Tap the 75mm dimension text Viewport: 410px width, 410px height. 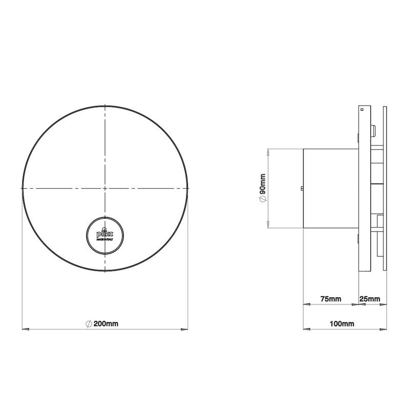click(x=331, y=298)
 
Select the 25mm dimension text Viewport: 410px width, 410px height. click(x=370, y=298)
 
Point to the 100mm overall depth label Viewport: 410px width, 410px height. click(x=342, y=324)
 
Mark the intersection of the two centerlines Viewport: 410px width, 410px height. click(x=105, y=189)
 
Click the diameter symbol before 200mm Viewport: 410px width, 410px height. click(x=89, y=324)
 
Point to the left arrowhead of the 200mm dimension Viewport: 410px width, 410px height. click(x=24, y=329)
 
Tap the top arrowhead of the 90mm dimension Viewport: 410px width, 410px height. click(x=268, y=151)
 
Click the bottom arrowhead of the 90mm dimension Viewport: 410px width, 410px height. click(x=268, y=225)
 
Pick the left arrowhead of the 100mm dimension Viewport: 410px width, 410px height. click(x=306, y=329)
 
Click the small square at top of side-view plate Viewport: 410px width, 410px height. click(x=361, y=109)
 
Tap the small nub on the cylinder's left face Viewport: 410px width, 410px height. click(x=302, y=189)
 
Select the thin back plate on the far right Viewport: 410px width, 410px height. click(x=384, y=189)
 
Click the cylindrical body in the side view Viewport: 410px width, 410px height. click(x=331, y=189)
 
